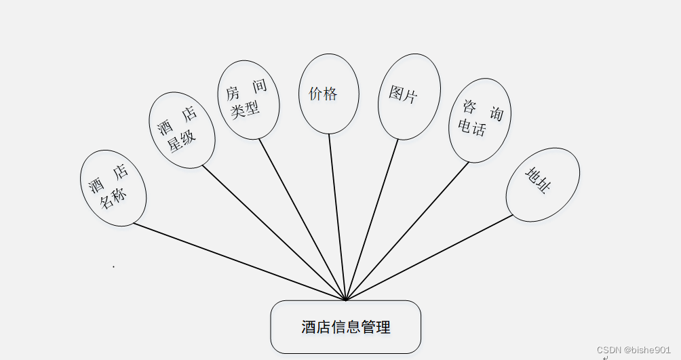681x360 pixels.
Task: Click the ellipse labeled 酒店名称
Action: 113,187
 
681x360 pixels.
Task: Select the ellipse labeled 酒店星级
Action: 181,130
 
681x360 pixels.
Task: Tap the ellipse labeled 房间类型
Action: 248,100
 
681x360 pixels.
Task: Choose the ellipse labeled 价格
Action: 328,94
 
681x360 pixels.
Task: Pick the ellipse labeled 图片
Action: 409,96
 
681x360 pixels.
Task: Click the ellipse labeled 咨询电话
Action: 480,121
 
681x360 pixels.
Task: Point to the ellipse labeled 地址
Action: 543,184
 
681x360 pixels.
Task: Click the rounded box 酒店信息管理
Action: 346,327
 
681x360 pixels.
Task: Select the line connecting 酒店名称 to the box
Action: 237,261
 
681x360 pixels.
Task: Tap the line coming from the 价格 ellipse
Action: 337,217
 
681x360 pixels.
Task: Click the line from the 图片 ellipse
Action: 373,217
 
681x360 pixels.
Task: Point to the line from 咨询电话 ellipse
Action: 407,231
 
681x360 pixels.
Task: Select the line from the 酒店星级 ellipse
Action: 271,231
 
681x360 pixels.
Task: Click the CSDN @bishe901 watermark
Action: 634,350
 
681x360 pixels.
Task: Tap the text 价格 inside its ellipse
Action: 323,94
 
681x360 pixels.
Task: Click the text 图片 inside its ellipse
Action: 403,94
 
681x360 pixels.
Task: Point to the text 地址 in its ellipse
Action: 537,180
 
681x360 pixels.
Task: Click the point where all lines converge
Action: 346,300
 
